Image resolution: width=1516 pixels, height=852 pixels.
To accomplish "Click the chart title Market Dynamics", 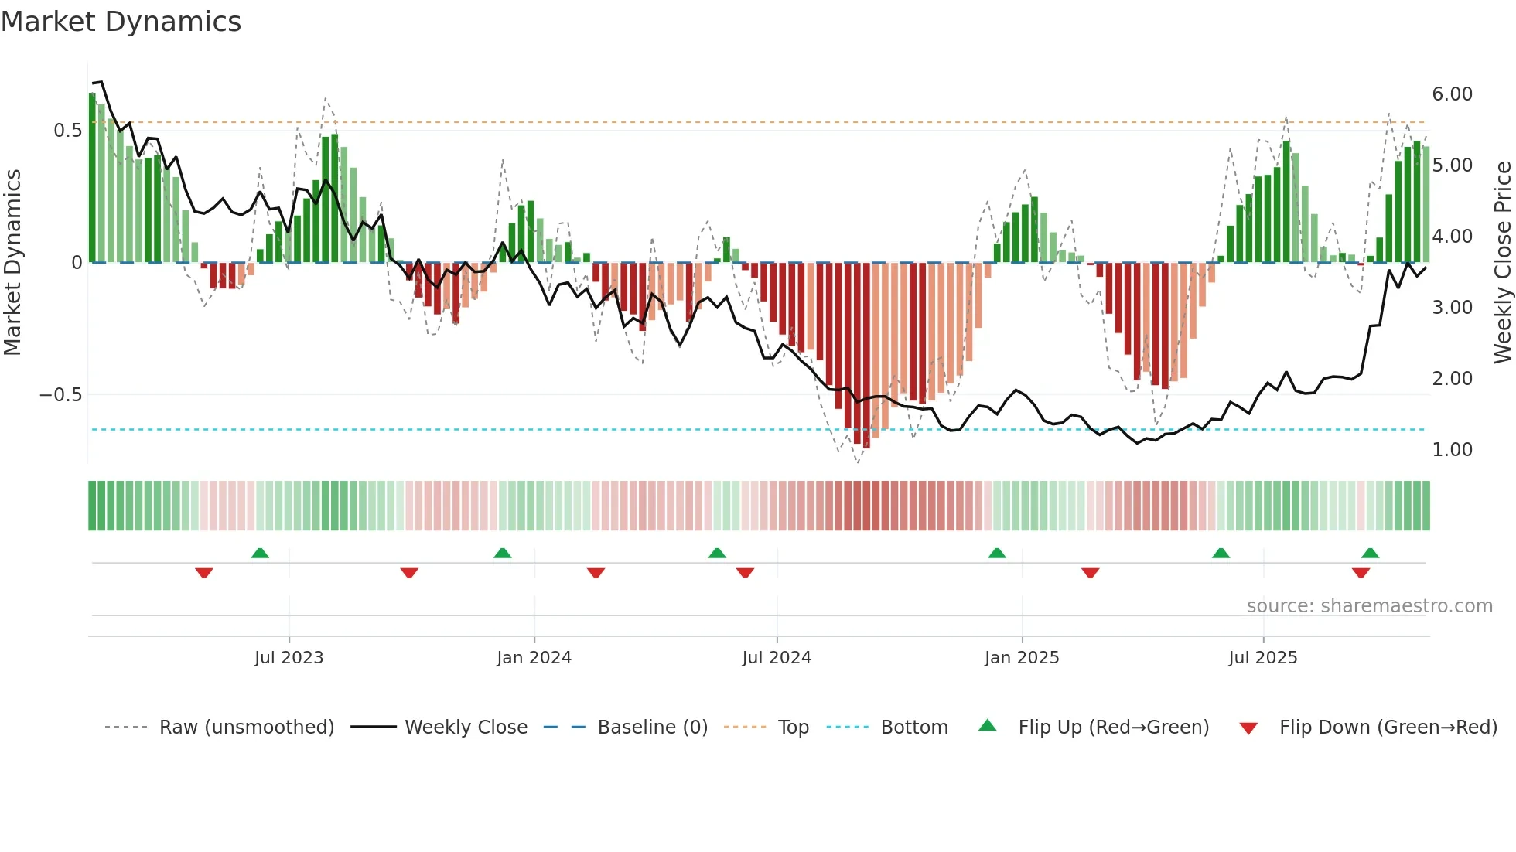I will (x=121, y=22).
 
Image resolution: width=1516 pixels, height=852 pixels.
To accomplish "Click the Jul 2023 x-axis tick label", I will (x=289, y=658).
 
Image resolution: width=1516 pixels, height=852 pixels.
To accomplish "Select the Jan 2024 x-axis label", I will (x=534, y=658).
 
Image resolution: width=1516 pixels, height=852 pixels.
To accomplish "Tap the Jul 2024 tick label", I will (x=777, y=658).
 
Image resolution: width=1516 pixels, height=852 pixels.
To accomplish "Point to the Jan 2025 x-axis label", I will (x=1022, y=658).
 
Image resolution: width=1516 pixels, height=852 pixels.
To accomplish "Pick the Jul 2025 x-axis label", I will (x=1263, y=658).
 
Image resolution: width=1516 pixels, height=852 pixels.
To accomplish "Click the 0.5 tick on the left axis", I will (x=68, y=131).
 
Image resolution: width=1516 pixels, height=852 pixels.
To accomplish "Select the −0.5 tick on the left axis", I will (x=61, y=395).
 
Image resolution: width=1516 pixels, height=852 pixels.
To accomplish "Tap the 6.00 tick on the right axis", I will (x=1452, y=94).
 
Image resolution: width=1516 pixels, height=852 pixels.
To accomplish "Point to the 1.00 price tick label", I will (x=1452, y=450).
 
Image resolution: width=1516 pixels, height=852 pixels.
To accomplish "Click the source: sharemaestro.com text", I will (x=1369, y=606).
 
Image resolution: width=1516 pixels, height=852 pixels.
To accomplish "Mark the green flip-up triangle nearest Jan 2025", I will (x=997, y=554).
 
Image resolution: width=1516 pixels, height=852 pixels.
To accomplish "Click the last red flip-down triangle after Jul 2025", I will (x=1361, y=573).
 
